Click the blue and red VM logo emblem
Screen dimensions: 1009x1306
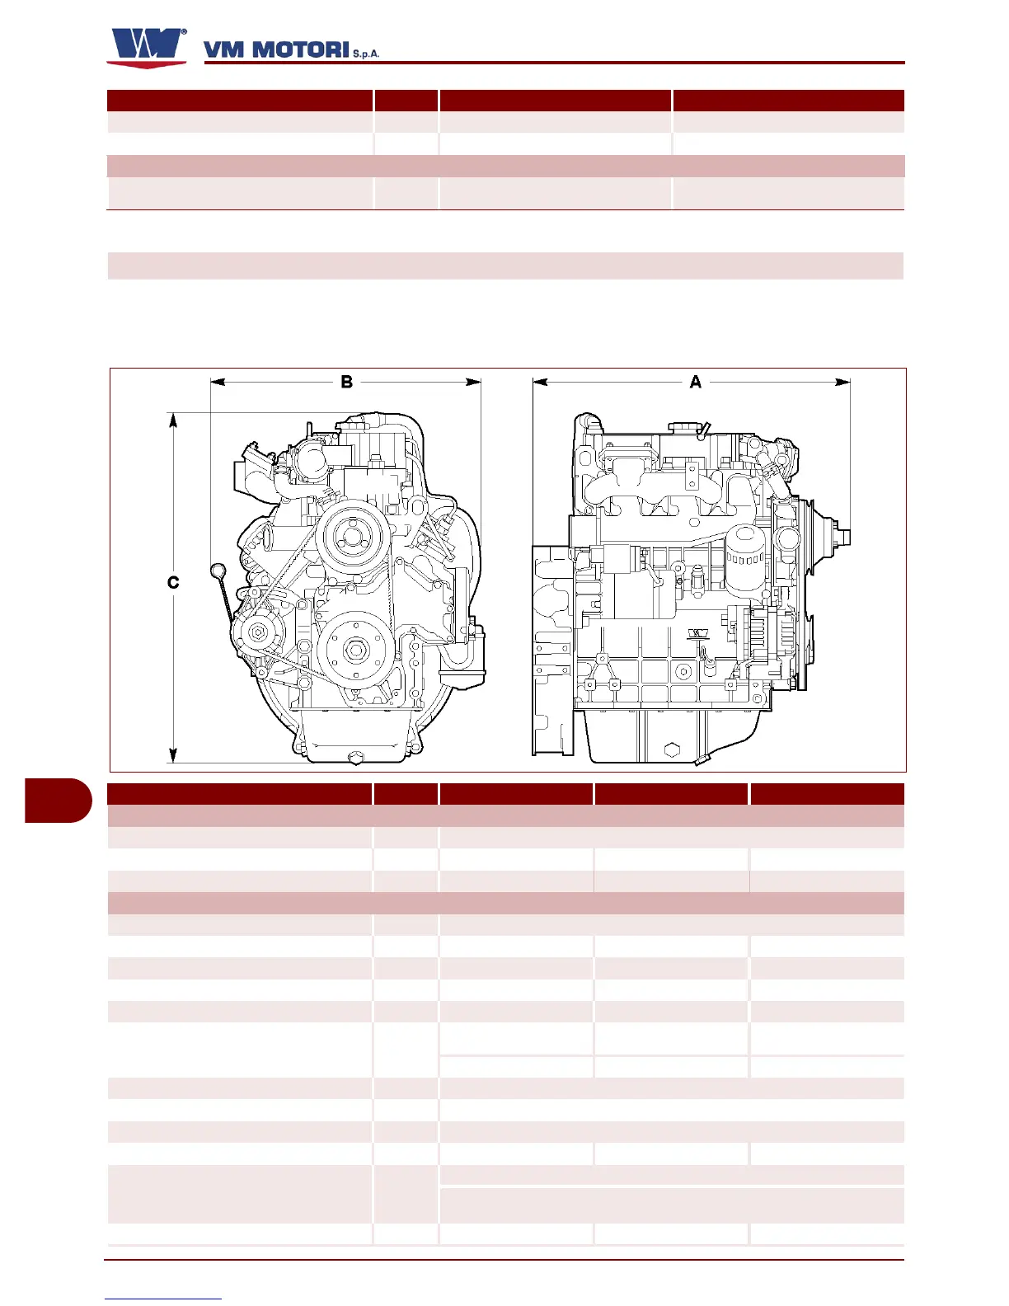(x=147, y=48)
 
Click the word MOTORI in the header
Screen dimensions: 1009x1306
(x=301, y=50)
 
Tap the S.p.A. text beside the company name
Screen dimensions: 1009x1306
(x=366, y=54)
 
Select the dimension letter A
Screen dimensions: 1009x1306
(x=695, y=382)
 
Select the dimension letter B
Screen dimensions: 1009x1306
(x=347, y=382)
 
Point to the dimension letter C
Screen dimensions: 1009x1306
(x=173, y=582)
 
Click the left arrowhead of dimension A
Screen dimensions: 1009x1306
(x=540, y=382)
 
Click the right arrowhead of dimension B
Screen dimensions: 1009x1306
(x=473, y=382)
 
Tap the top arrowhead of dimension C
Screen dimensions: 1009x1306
(x=173, y=420)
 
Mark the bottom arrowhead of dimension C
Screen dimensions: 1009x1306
(x=173, y=755)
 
